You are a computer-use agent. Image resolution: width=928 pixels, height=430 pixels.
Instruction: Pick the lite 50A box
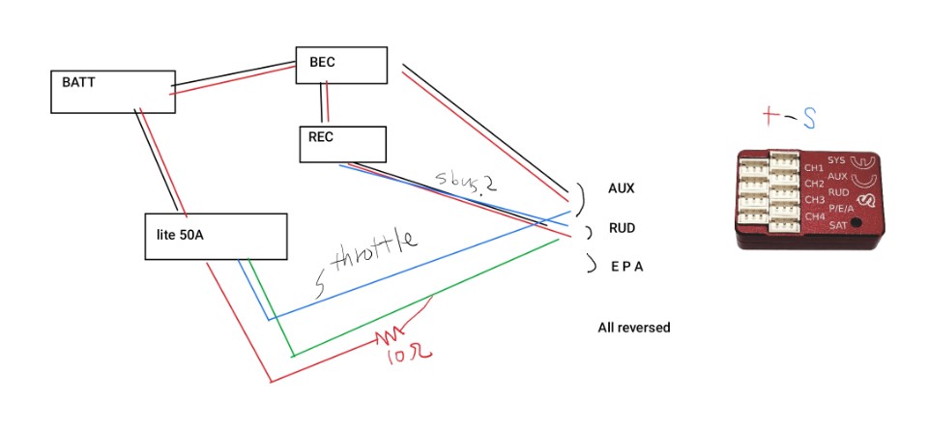click(x=216, y=237)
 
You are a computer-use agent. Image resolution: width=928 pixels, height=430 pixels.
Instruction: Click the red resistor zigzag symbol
click(x=392, y=335)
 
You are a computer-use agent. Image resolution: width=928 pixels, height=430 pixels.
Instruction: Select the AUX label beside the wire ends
click(x=622, y=188)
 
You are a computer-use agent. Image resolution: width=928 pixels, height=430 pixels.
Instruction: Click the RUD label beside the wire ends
click(x=622, y=229)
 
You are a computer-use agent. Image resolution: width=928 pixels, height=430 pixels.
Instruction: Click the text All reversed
click(x=633, y=328)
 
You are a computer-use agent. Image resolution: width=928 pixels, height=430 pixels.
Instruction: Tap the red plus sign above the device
click(x=770, y=117)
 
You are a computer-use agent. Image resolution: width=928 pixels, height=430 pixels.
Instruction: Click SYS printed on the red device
click(x=837, y=159)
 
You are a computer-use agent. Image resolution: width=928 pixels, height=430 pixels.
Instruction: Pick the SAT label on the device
click(x=837, y=223)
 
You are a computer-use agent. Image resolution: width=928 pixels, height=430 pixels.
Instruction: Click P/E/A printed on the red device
click(x=841, y=208)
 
